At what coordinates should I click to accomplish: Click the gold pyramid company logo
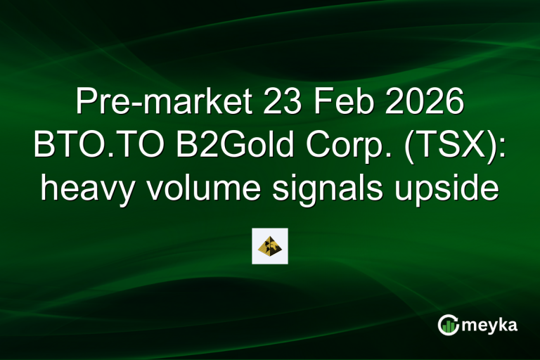(x=270, y=245)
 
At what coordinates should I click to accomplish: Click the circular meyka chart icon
(x=447, y=324)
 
